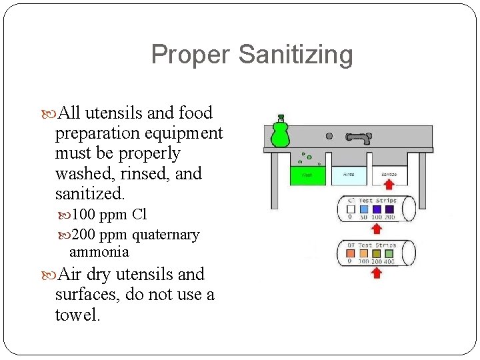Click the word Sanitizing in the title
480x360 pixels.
(295, 55)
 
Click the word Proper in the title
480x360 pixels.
(191, 55)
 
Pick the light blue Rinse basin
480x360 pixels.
(349, 175)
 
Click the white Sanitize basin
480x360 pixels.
(389, 175)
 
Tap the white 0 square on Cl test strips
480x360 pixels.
(350, 209)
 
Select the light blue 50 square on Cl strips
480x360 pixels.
(364, 209)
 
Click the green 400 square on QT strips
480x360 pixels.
(389, 253)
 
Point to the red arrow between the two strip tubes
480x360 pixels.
(377, 229)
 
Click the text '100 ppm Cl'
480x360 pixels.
(109, 215)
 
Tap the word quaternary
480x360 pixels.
(165, 235)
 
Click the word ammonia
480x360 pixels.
(99, 252)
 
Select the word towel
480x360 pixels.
(77, 315)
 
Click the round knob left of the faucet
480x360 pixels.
(329, 136)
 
